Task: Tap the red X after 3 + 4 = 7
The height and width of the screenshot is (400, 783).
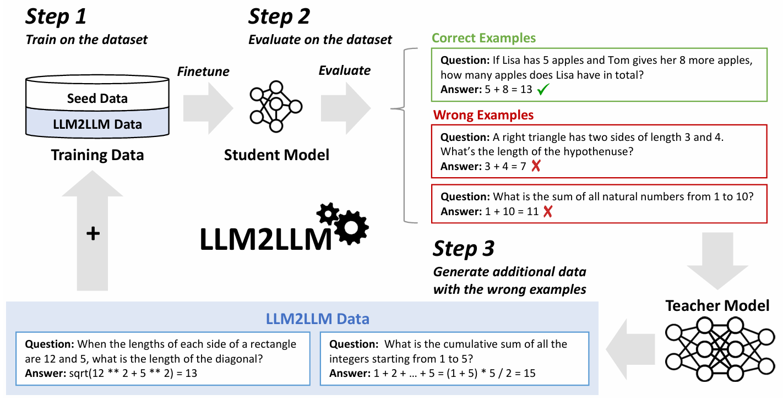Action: (535, 166)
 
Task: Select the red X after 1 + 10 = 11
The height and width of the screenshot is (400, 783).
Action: (547, 211)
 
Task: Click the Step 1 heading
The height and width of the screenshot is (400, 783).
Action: (56, 17)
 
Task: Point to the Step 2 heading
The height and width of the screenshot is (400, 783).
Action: (279, 17)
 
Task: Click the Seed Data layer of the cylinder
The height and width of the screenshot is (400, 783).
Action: (97, 98)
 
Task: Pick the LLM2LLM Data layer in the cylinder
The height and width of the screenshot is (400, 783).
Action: (97, 124)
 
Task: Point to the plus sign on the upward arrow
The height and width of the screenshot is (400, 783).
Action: (93, 233)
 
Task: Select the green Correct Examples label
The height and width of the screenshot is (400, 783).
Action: (483, 38)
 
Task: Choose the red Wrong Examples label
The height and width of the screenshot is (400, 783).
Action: (483, 116)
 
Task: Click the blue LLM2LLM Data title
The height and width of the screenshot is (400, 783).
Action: (317, 319)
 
